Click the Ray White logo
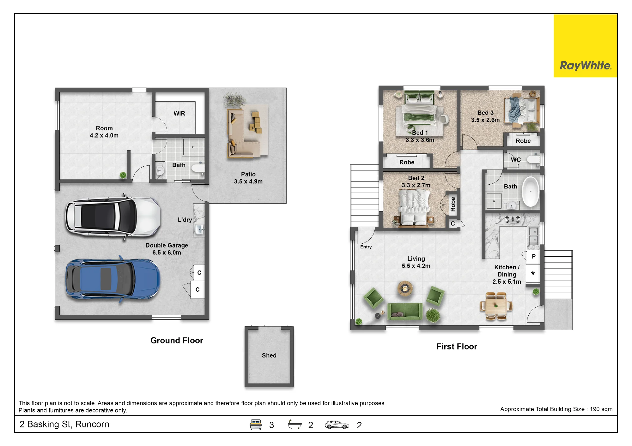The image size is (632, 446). (585, 46)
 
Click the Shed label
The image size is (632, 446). (269, 355)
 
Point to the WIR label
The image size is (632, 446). (179, 113)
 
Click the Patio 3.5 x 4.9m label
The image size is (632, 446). (248, 178)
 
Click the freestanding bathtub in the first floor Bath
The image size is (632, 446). (531, 192)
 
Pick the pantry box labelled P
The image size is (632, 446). (533, 257)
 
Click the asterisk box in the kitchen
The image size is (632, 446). (533, 273)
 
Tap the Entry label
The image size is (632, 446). (366, 247)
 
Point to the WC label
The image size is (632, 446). (516, 160)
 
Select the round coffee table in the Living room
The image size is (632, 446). (405, 288)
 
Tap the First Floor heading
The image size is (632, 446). (457, 347)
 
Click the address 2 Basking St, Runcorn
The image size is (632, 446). (64, 424)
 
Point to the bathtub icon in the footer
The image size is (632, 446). (295, 425)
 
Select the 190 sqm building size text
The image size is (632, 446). (601, 409)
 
